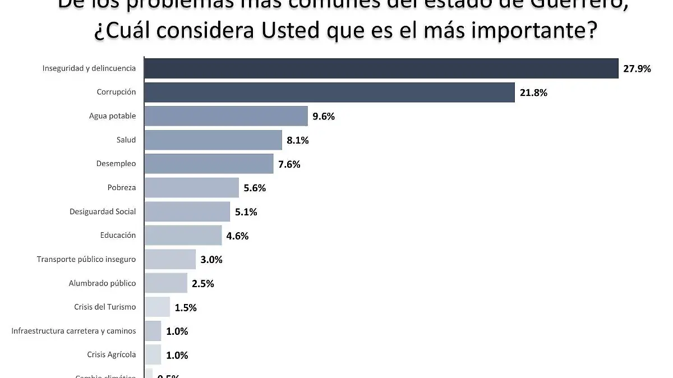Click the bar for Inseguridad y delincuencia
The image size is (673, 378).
[381, 68]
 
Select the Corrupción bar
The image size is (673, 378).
[329, 93]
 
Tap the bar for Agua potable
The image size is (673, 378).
[226, 116]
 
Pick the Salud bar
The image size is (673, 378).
[213, 140]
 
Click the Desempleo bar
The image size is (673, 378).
[209, 164]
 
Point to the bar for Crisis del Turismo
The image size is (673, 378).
[157, 307]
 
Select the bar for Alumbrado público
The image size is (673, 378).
[165, 283]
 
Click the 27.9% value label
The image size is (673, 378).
[637, 69]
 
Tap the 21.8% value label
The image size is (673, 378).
[533, 93]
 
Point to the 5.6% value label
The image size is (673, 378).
[255, 188]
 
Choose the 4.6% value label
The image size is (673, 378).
[237, 236]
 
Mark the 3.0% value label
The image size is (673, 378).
[211, 260]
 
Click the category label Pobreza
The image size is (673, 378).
[122, 187]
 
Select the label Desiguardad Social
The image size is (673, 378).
[103, 211]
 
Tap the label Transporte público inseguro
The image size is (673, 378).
[86, 259]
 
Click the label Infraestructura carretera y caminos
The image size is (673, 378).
[73, 331]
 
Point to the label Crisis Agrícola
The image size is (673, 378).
[112, 354]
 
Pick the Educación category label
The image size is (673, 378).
[118, 235]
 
